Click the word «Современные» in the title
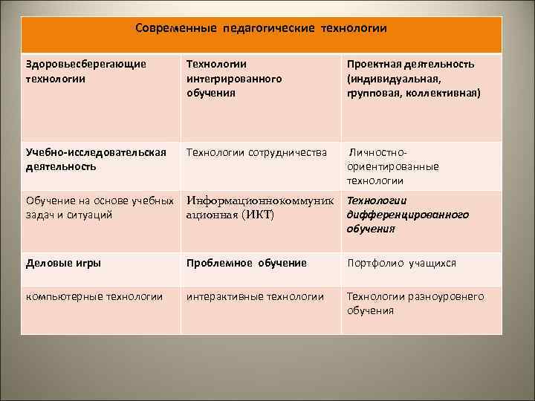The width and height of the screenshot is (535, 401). click(175, 28)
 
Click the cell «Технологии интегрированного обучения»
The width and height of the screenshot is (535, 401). click(234, 79)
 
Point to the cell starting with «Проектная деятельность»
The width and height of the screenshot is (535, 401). click(413, 79)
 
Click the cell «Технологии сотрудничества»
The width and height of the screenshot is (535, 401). click(256, 153)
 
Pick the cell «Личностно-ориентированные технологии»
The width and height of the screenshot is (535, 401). click(393, 166)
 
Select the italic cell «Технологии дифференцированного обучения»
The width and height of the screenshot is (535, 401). click(407, 215)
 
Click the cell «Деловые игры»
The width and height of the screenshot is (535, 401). click(64, 263)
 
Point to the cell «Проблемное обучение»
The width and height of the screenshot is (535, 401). click(246, 263)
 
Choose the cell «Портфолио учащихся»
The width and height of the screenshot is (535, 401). click(401, 263)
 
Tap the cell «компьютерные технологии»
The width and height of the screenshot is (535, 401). click(94, 296)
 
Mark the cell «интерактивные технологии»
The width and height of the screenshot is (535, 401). click(255, 296)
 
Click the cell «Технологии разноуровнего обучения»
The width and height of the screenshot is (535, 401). click(415, 303)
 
